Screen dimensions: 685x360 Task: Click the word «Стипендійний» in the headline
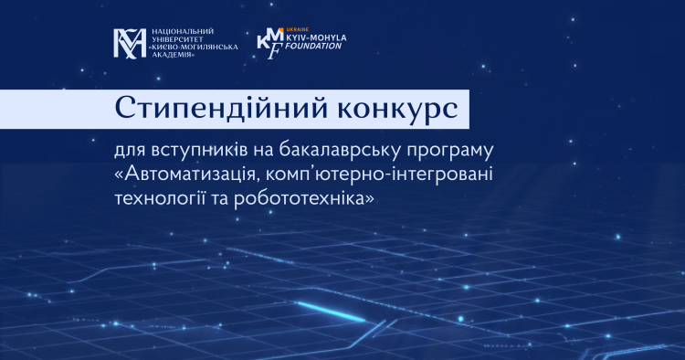221,109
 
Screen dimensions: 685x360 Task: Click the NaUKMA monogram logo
131,43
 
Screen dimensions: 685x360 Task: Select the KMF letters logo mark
270,43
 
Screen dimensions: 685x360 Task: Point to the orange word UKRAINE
297,30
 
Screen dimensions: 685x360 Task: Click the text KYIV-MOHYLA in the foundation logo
316,37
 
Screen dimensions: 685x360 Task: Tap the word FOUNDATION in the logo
313,46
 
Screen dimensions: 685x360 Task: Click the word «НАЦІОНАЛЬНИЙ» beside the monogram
183,31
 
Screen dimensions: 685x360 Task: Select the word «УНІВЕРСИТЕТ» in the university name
177,39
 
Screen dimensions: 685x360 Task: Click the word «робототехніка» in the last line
304,199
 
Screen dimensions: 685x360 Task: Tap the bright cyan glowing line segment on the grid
331,312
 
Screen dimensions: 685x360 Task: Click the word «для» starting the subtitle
131,152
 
